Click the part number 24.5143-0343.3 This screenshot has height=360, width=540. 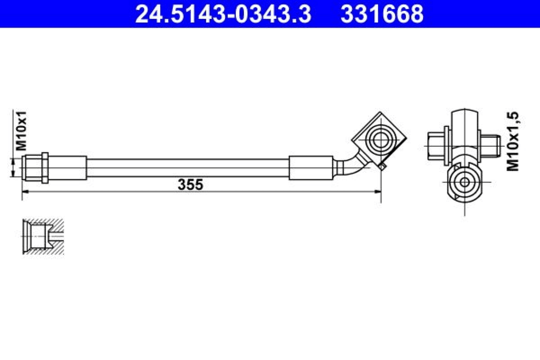(x=223, y=14)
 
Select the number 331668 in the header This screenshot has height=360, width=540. (x=382, y=14)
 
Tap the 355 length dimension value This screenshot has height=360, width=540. (x=191, y=185)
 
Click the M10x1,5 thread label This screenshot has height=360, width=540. (x=513, y=141)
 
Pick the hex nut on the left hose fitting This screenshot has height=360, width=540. (x=45, y=168)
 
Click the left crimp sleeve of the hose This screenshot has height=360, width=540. (x=67, y=168)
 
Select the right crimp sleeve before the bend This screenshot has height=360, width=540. (x=311, y=168)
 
